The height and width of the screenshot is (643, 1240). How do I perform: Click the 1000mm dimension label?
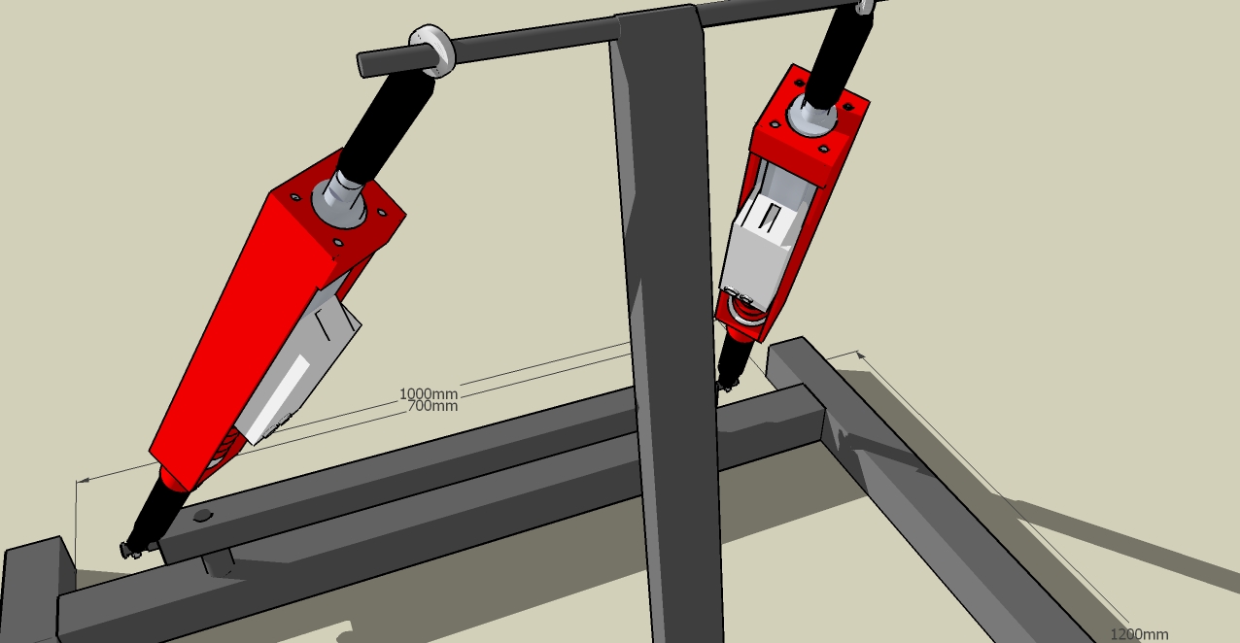pyautogui.click(x=429, y=393)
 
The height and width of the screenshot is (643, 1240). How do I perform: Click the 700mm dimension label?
pyautogui.click(x=432, y=406)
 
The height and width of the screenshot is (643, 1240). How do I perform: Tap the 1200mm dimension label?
pyautogui.click(x=1139, y=634)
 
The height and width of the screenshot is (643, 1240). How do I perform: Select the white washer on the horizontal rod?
pyautogui.click(x=432, y=51)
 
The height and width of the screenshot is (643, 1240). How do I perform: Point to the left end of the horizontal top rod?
pyautogui.click(x=361, y=65)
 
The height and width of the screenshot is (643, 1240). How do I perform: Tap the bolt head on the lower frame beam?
pyautogui.click(x=203, y=516)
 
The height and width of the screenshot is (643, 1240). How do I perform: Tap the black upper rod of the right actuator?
pyautogui.click(x=838, y=55)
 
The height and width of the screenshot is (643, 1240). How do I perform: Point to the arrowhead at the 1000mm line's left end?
pyautogui.click(x=83, y=481)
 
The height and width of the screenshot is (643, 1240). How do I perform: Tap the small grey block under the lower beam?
pyautogui.click(x=219, y=563)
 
